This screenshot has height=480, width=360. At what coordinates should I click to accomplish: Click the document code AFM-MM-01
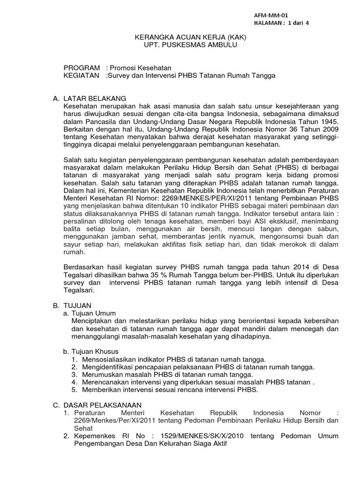tap(270, 15)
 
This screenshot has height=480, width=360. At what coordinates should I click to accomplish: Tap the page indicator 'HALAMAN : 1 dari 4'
tap(281, 22)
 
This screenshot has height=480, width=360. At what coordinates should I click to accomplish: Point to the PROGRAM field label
tap(82, 67)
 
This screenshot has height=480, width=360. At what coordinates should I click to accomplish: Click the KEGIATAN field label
tap(82, 75)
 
